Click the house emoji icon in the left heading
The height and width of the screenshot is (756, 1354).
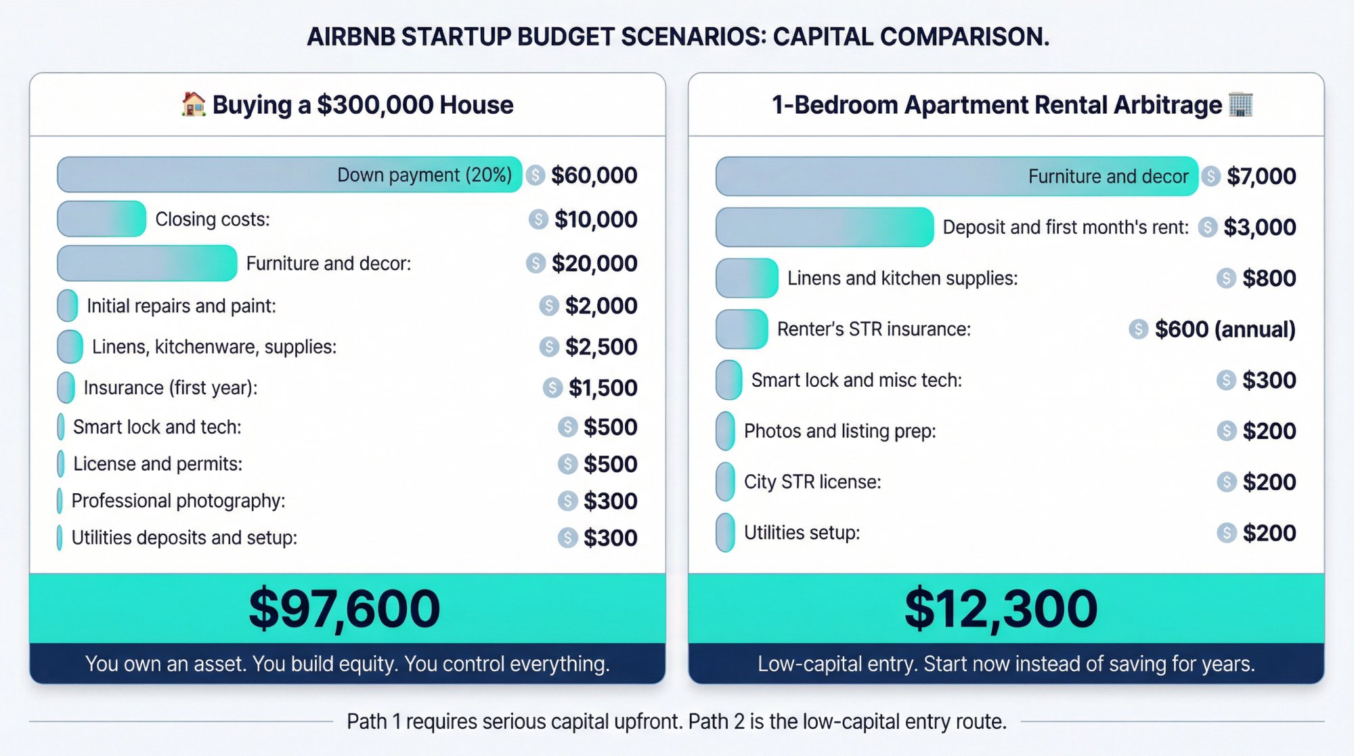pos(194,104)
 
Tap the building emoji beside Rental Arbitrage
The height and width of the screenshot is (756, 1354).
pos(1240,104)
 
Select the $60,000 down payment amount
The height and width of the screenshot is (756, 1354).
pos(594,175)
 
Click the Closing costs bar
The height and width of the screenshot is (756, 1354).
pos(102,219)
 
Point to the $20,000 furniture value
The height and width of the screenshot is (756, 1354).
pos(594,264)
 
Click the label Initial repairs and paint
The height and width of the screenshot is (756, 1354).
pos(181,306)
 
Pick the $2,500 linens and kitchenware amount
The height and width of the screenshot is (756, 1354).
pos(600,347)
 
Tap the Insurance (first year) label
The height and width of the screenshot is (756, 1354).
pos(171,387)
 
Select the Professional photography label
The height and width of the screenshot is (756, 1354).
pos(178,501)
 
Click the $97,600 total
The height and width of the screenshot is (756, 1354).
pos(345,608)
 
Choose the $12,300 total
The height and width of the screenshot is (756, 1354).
pos(1001,608)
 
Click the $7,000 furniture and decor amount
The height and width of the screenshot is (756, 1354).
pos(1261,176)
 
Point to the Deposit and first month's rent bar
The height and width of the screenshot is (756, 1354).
pos(825,227)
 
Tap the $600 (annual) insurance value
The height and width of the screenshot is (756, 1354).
pos(1224,329)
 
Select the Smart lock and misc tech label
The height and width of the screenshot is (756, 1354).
pos(856,380)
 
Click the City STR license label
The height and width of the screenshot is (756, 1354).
pos(812,482)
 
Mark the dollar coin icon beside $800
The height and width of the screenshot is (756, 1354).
pos(1226,278)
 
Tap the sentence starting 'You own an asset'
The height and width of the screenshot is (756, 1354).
pos(347,664)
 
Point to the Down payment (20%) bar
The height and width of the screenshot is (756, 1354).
pos(290,175)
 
